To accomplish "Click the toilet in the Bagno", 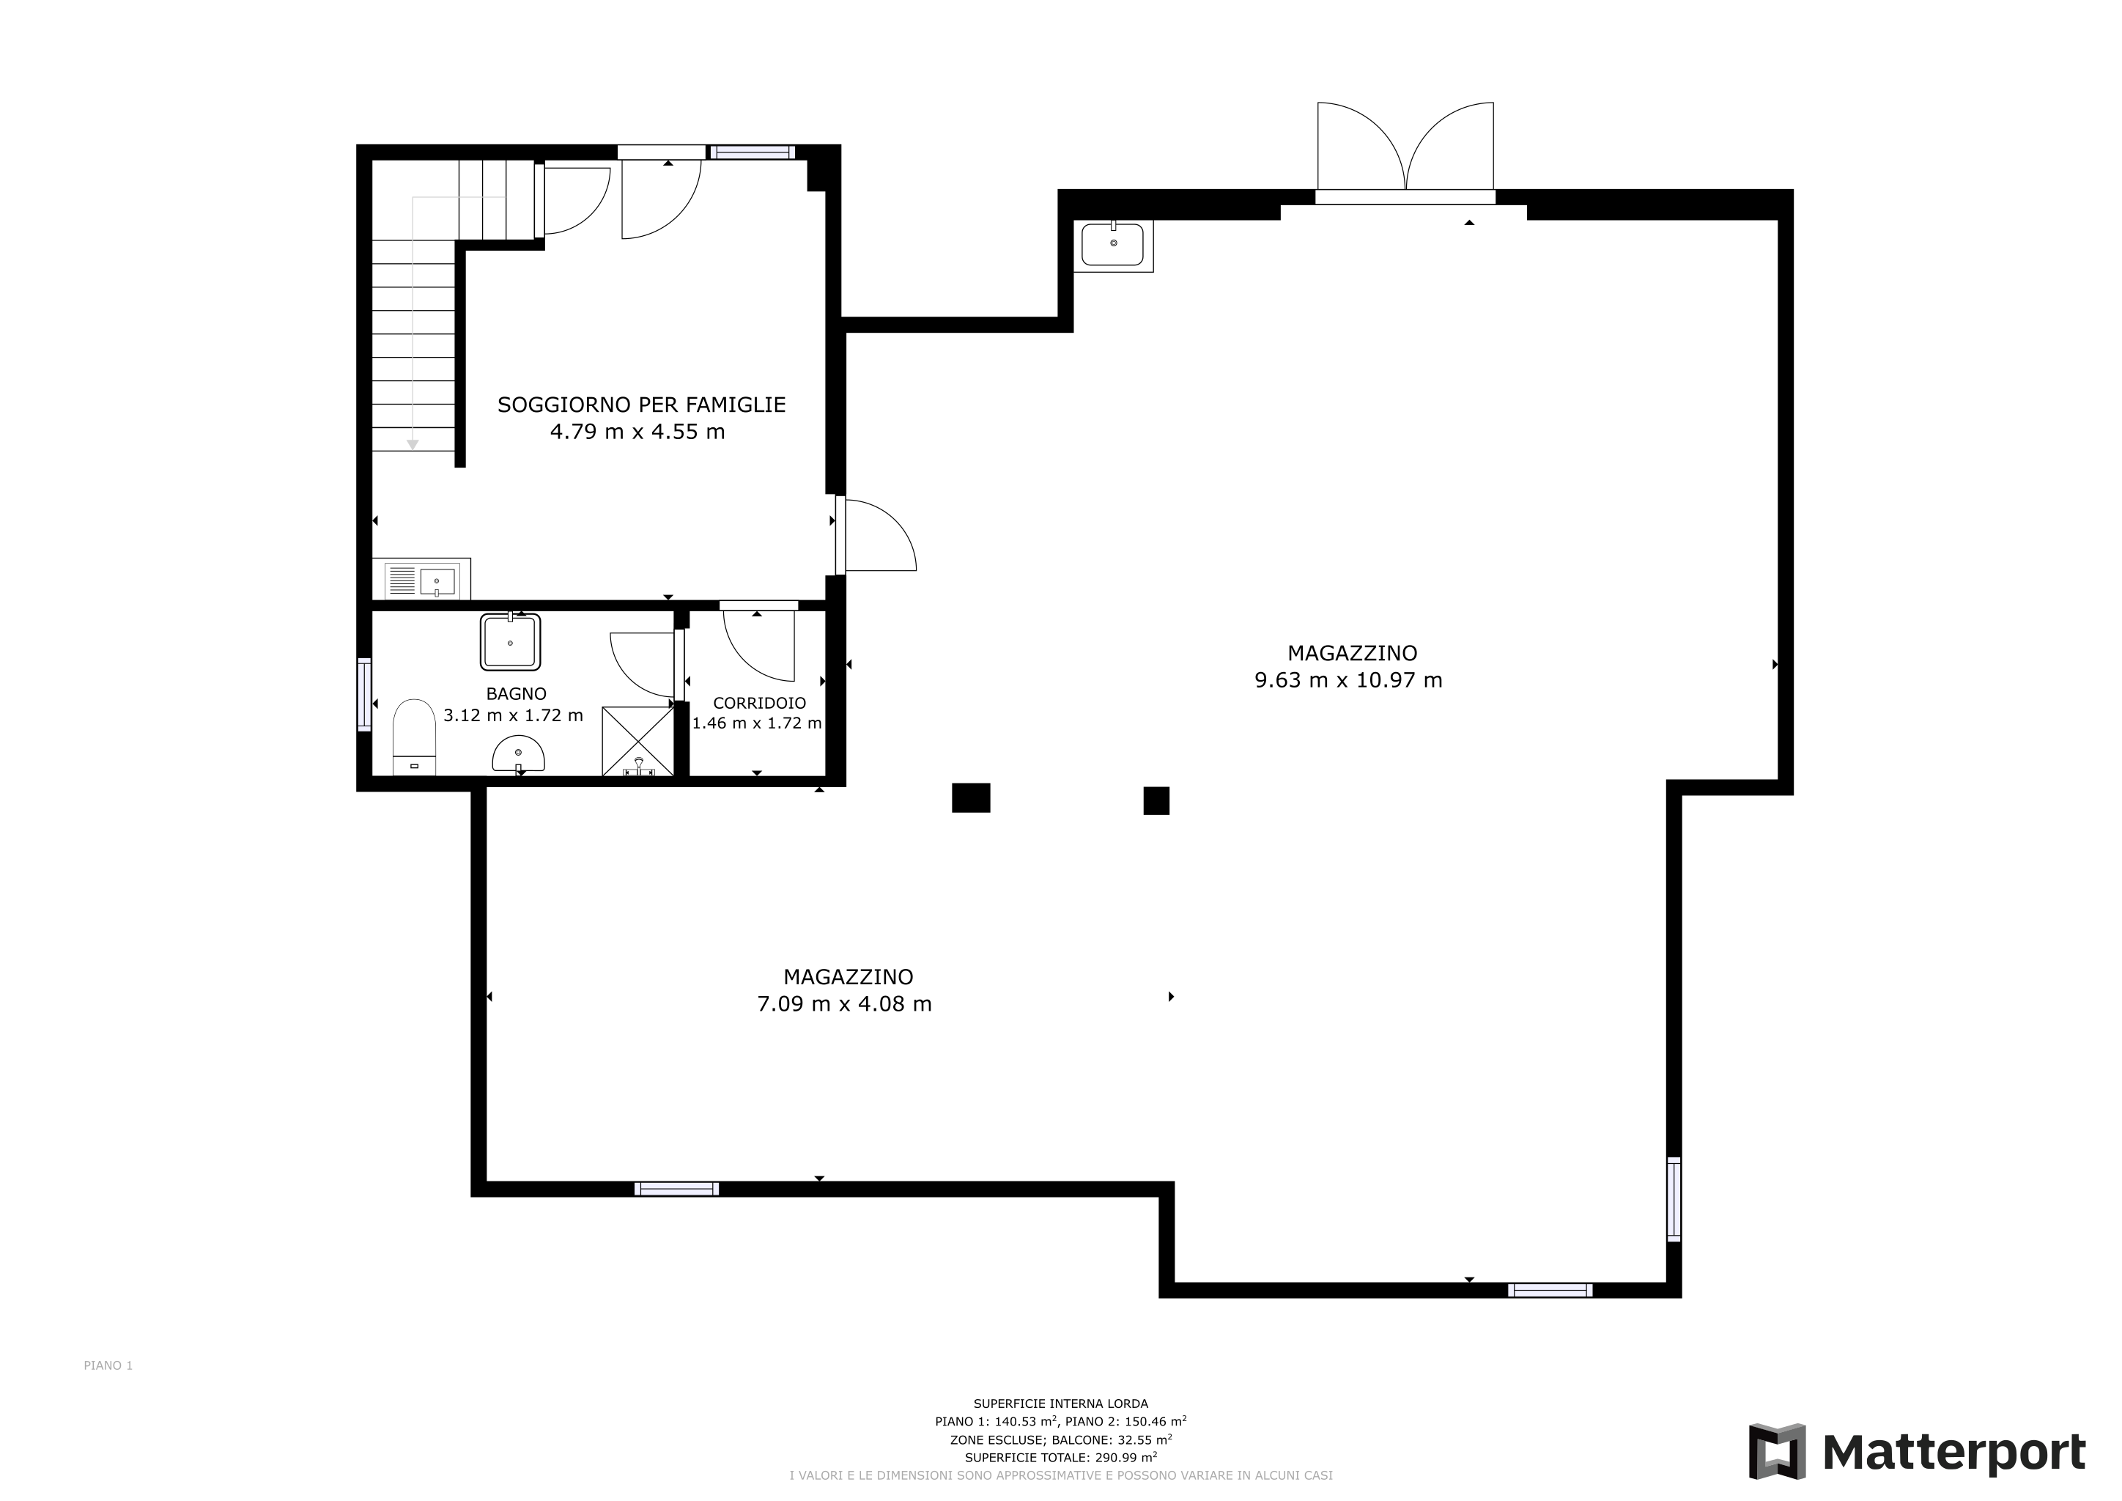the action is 414,737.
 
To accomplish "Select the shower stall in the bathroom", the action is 637,741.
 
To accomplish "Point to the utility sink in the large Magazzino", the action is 1114,246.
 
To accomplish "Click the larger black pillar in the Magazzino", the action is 972,797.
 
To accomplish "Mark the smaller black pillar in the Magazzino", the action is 1156,800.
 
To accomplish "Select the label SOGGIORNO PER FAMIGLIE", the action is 641,405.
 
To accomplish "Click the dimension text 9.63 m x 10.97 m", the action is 1348,680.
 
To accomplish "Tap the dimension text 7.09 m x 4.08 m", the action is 845,1004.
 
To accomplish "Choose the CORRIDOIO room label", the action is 760,704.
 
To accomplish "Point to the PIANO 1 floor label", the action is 108,1365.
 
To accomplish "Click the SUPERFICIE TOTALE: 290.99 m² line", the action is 1061,1458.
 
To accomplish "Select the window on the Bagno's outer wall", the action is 364,695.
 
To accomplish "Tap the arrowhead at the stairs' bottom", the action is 413,445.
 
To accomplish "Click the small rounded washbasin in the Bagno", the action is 519,755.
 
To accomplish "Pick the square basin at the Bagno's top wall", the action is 510,641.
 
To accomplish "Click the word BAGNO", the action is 517,694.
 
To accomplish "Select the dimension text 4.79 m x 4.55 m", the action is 637,432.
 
